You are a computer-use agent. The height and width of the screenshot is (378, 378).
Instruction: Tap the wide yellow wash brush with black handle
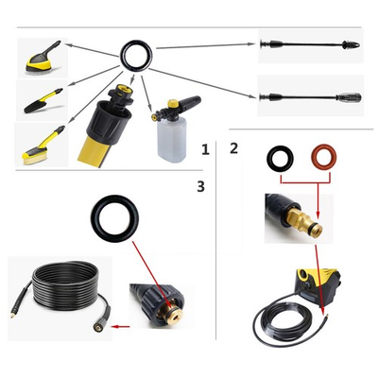pos(40,59)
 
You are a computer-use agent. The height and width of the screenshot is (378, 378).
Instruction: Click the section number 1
pos(205,148)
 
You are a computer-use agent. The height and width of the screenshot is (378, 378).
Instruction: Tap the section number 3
pos(200,186)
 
